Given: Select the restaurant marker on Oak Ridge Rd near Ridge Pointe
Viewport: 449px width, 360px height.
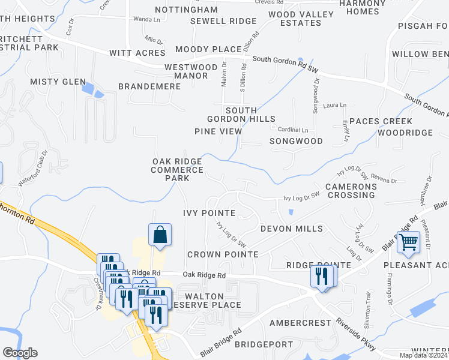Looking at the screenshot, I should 322,276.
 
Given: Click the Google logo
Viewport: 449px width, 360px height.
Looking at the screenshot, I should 20,353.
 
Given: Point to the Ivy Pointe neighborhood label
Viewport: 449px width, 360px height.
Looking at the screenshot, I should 209,213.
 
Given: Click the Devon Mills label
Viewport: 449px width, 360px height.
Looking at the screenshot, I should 291,229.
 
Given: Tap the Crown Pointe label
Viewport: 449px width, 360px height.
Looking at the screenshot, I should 223,254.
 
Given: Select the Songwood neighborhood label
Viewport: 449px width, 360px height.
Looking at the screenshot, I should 296,141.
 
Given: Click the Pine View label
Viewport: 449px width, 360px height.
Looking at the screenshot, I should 218,131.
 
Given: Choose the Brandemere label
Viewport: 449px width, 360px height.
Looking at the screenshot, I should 149,86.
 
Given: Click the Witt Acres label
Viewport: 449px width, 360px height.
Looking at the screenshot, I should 137,53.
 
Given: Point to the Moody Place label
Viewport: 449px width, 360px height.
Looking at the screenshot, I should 208,49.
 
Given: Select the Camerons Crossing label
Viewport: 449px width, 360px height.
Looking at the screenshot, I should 351,191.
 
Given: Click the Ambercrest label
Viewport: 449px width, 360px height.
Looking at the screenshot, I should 300,323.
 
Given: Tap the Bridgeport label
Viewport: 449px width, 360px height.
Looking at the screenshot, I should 264,344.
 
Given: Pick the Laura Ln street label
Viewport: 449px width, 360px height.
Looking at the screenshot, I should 335,106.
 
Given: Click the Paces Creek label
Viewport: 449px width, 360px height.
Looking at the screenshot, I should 381,121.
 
